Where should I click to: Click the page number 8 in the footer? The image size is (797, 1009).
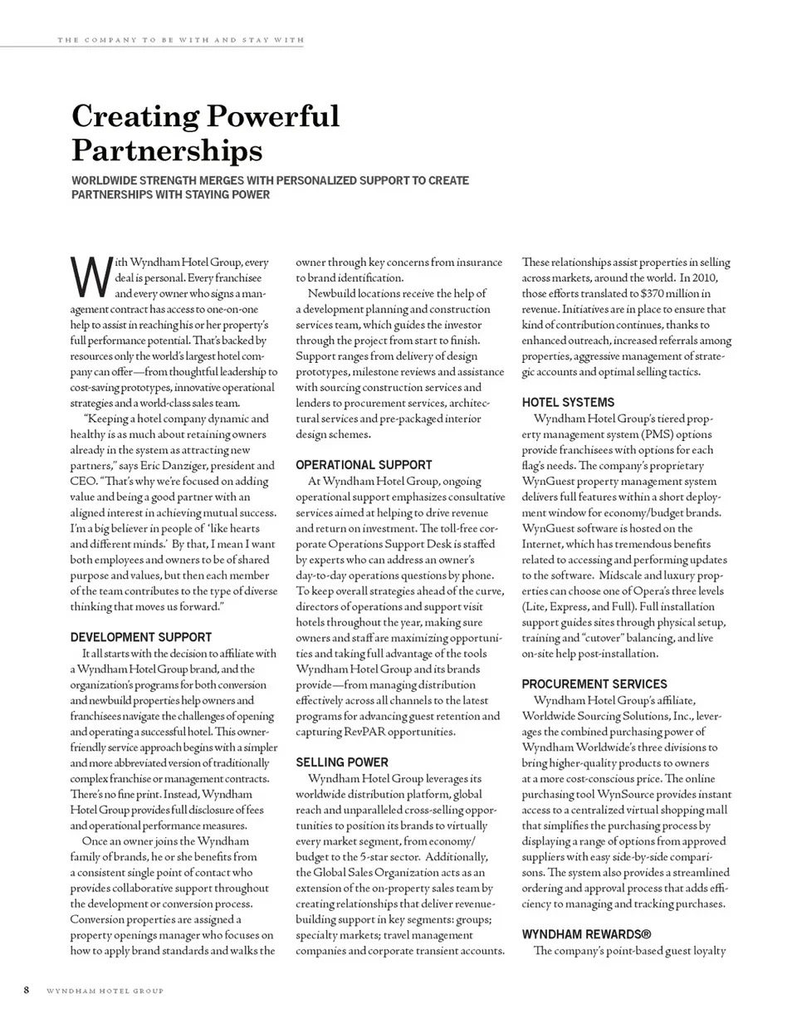[27, 990]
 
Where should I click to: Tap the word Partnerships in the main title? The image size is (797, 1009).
[167, 151]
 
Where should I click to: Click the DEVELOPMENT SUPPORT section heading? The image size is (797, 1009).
[140, 637]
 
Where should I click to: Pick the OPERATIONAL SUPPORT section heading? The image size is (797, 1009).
[364, 464]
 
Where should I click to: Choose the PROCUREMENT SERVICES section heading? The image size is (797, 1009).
[594, 683]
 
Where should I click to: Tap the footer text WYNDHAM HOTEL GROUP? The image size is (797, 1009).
[104, 991]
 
